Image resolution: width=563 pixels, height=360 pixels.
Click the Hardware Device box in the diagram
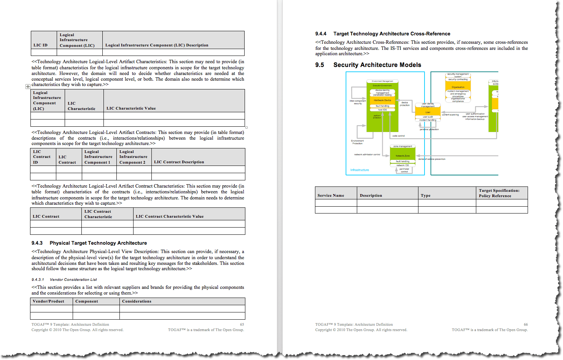(x=382, y=100)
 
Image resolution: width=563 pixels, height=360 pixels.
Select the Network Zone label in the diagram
(x=402, y=156)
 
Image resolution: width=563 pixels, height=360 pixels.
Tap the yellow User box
(x=428, y=112)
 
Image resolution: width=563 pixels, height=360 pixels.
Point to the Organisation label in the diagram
(x=458, y=87)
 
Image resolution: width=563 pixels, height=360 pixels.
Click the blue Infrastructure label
(x=359, y=170)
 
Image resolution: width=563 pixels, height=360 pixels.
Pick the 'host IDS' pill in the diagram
(x=382, y=110)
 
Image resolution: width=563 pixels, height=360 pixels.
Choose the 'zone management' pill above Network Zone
(x=402, y=146)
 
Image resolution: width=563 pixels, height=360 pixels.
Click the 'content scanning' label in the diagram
(x=450, y=115)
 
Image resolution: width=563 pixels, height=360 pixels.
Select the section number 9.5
(x=320, y=65)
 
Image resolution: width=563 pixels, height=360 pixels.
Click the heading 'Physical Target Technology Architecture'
(x=98, y=243)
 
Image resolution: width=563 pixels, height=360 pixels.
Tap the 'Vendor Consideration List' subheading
(x=73, y=280)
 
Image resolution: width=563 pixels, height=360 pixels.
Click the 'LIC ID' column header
(x=40, y=45)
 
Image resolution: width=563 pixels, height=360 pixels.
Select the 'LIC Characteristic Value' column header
(x=131, y=108)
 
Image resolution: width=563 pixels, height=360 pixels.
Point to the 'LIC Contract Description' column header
(x=179, y=162)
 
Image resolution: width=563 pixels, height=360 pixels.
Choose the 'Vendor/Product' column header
(x=48, y=301)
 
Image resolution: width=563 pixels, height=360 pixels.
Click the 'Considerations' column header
(x=137, y=301)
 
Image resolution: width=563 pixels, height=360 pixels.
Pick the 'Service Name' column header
(x=331, y=196)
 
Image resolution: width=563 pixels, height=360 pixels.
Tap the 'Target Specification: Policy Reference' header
(x=499, y=193)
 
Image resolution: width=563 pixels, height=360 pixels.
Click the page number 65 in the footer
(x=242, y=325)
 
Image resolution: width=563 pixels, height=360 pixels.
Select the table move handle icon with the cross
(x=28, y=86)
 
